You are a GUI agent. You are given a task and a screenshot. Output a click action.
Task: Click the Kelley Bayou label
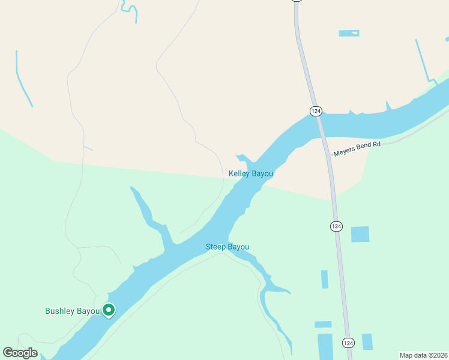tap(251, 174)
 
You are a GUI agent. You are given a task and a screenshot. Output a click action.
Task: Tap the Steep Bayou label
tap(227, 247)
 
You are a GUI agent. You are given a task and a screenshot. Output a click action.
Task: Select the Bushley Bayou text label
tap(72, 311)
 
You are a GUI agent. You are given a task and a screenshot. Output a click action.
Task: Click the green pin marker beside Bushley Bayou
tap(109, 310)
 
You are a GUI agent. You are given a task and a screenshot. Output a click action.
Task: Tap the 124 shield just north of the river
tap(316, 111)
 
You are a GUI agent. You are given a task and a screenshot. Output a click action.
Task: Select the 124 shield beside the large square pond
tap(336, 226)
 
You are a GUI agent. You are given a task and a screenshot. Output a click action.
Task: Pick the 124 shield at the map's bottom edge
tap(348, 343)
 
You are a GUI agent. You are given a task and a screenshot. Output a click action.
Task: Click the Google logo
tap(20, 353)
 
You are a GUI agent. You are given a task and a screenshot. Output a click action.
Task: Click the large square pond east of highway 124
tap(360, 234)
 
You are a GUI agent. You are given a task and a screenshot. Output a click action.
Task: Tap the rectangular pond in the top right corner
tap(349, 33)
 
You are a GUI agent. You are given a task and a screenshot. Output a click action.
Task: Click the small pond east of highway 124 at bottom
tap(367, 341)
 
